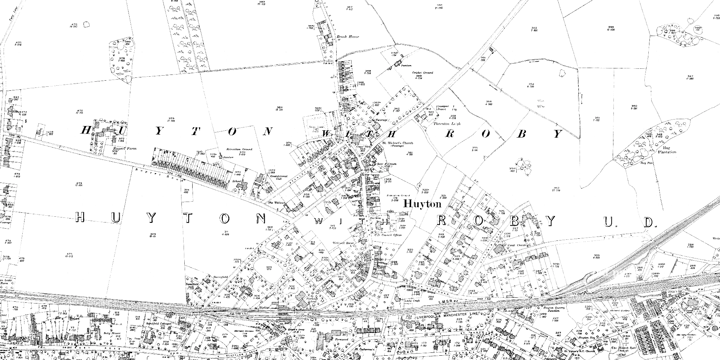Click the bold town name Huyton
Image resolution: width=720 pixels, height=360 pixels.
422,204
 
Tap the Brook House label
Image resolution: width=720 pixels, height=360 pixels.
348,37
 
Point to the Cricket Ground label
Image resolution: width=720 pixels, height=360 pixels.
423,73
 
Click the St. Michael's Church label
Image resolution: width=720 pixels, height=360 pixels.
397,143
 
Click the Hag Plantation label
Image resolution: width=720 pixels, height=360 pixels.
667,150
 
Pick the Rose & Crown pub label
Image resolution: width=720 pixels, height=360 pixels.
387,164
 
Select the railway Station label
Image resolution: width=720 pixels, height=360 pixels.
264,308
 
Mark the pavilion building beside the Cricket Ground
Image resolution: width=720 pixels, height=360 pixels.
398,64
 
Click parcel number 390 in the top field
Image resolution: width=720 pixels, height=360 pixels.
439,5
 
